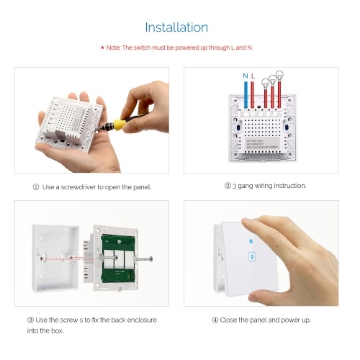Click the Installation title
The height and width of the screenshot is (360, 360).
tap(176, 27)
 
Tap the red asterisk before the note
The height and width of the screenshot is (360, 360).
tap(102, 48)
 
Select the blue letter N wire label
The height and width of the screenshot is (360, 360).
tap(246, 76)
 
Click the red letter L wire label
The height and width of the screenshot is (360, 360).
tap(253, 76)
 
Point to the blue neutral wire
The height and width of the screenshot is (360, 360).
tap(246, 95)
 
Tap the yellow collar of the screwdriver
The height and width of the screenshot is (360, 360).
tap(119, 125)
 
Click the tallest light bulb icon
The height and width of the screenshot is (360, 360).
tap(279, 75)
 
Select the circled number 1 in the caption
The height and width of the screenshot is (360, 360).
tap(36, 187)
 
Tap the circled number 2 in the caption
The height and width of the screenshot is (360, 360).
tap(228, 186)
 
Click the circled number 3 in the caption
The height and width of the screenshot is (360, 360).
tap(30, 320)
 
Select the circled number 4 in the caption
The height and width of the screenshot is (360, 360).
tap(215, 320)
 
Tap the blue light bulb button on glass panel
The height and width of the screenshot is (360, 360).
tap(252, 257)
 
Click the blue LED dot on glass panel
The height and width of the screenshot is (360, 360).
tap(251, 241)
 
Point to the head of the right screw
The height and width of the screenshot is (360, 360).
tap(150, 259)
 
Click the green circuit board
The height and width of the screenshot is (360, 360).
tap(117, 258)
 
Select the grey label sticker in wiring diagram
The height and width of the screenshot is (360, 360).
tap(261, 143)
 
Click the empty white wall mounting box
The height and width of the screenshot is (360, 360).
tap(55, 258)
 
